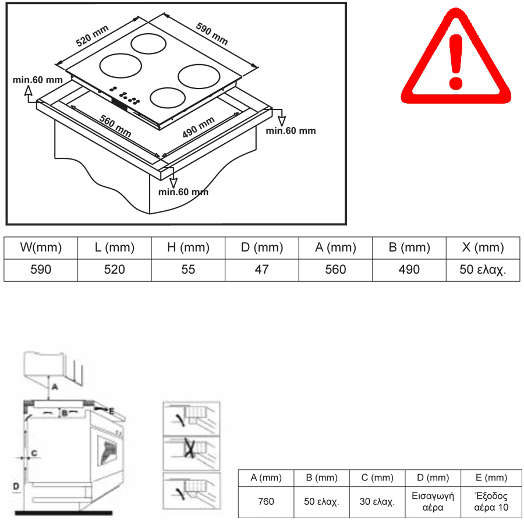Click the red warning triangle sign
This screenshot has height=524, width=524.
pyautogui.click(x=456, y=61)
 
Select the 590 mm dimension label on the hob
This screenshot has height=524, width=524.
pyautogui.click(x=211, y=34)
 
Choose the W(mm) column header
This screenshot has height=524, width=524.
pyautogui.click(x=41, y=247)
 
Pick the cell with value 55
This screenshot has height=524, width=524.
pyautogui.click(x=188, y=270)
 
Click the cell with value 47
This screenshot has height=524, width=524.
pyautogui.click(x=262, y=270)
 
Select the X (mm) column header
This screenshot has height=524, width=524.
pyautogui.click(x=483, y=247)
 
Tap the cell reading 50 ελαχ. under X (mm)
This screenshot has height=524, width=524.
pyautogui.click(x=483, y=270)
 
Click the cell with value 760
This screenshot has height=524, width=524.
pyautogui.click(x=265, y=501)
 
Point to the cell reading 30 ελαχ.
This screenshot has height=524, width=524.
pyautogui.click(x=377, y=501)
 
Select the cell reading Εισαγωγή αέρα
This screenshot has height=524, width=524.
pyautogui.click(x=433, y=501)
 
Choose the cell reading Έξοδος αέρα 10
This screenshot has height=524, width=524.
pyautogui.click(x=491, y=501)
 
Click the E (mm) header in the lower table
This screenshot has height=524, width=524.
pyautogui.click(x=491, y=478)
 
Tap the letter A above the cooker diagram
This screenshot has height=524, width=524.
pyautogui.click(x=54, y=386)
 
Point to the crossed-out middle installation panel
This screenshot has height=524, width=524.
pyautogui.click(x=191, y=449)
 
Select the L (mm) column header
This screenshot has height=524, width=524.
pyautogui.click(x=114, y=247)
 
